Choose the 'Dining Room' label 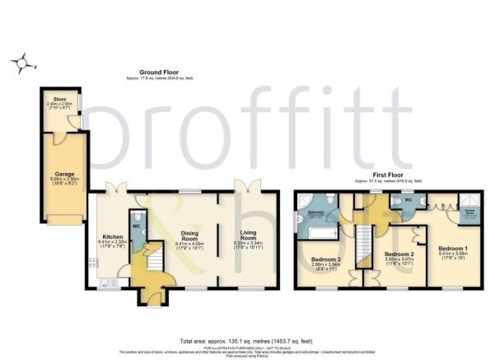[x=189, y=233]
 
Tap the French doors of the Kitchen [x=121, y=186]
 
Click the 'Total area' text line [x=247, y=340]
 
